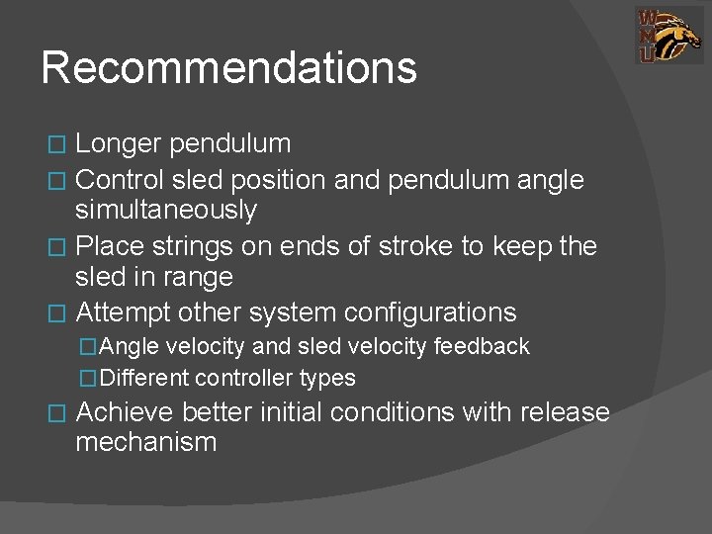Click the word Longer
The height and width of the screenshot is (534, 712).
pyautogui.click(x=119, y=144)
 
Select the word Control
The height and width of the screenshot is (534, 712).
pyautogui.click(x=120, y=180)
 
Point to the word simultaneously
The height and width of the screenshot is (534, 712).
pyautogui.click(x=166, y=210)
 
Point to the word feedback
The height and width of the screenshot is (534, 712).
pyautogui.click(x=485, y=347)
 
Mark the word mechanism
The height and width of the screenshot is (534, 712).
pyautogui.click(x=145, y=442)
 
